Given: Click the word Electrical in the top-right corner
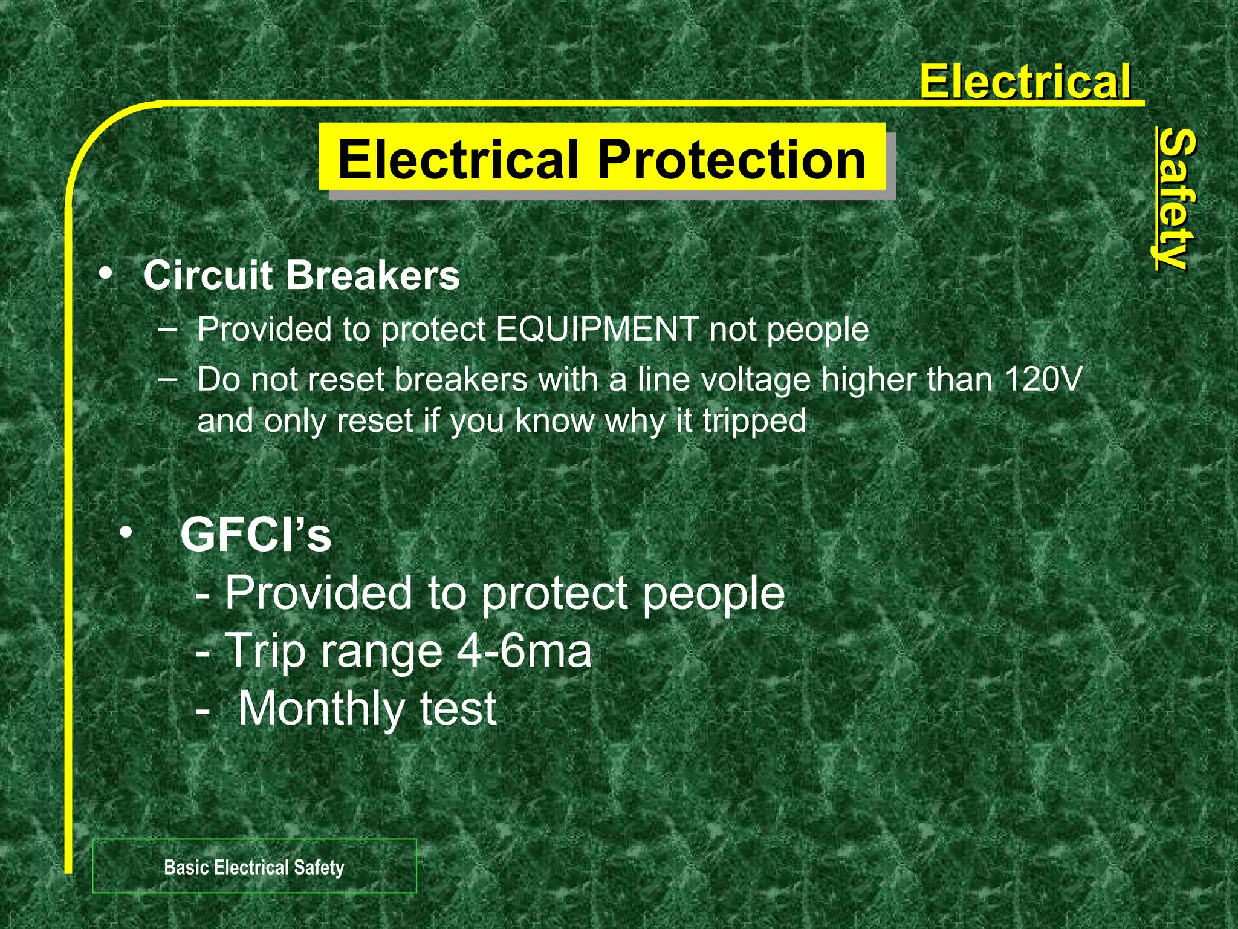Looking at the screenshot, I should [x=1025, y=82].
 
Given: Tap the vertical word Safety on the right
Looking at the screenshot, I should [x=1174, y=198].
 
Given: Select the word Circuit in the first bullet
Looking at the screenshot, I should [x=209, y=276].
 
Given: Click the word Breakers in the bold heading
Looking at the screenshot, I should [x=372, y=276].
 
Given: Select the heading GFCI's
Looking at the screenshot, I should [x=256, y=535].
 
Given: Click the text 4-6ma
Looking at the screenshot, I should [x=524, y=651].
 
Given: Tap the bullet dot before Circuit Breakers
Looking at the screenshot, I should [x=105, y=274].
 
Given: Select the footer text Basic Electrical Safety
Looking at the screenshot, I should [x=254, y=867].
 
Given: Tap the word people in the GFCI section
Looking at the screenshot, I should [x=713, y=594].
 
